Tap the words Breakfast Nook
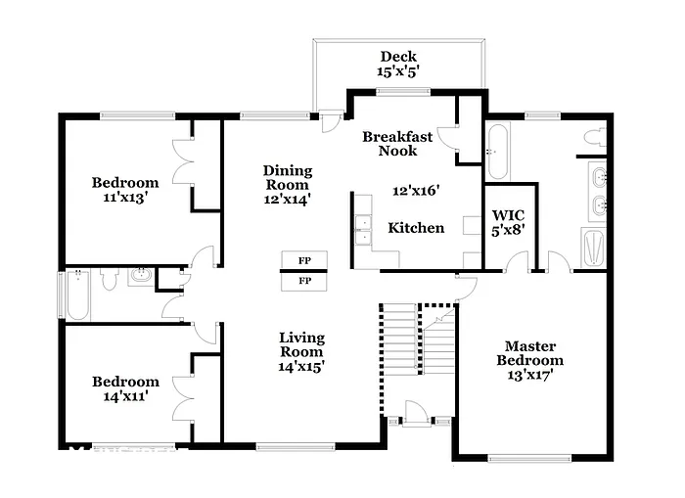coord(397,144)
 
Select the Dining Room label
coord(286,184)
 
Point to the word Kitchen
coord(416,228)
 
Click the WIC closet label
coord(509,222)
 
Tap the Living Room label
coord(301,351)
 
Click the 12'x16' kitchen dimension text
coord(417,192)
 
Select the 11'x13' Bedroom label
coord(125,189)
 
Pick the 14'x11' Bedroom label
coord(125,389)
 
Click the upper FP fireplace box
coord(304,260)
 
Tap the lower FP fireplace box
coord(304,281)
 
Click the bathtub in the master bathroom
coord(498,152)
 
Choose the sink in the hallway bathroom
coord(142,276)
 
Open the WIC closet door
coord(520,263)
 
